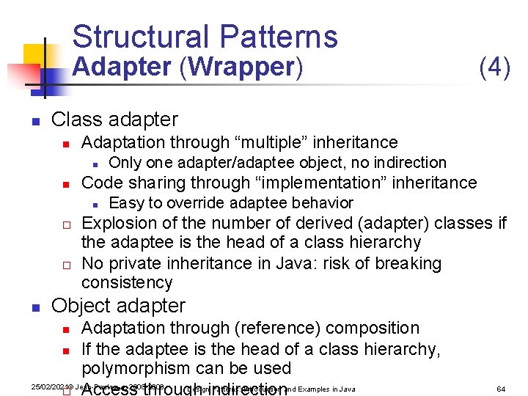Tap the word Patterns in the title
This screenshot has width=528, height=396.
(279, 37)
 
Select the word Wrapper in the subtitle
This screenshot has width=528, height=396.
(241, 67)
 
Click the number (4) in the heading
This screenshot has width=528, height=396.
(494, 67)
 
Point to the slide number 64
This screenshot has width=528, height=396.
(501, 389)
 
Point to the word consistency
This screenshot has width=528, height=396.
(127, 282)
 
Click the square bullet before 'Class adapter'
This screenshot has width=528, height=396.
(34, 120)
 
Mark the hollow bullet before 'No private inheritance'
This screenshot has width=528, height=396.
(65, 264)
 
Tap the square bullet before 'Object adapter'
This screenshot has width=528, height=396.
(34, 307)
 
